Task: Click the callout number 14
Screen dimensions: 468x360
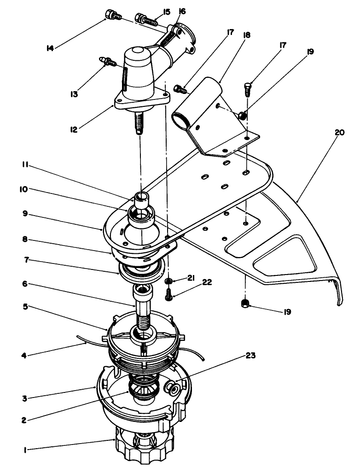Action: pos(51,47)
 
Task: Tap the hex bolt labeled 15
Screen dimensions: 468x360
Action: pos(144,19)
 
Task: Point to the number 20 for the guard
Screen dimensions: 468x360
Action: pos(339,132)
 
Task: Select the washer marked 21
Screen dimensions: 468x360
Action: pos(169,281)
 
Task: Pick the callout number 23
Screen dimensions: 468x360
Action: pos(250,356)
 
